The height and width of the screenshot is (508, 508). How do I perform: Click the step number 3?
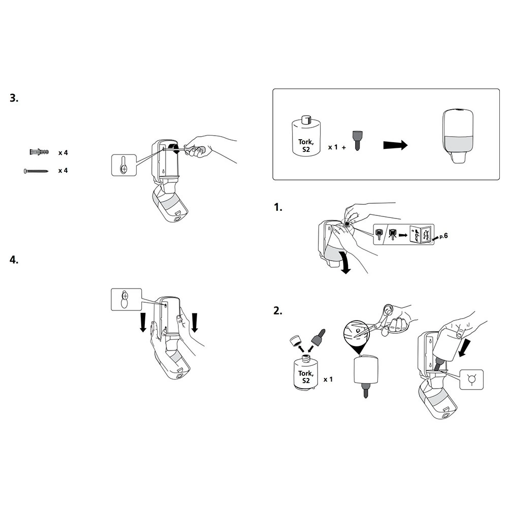pyautogui.click(x=14, y=98)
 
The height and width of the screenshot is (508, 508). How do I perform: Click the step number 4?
pyautogui.click(x=14, y=260)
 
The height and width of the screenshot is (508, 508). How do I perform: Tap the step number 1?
pyautogui.click(x=277, y=207)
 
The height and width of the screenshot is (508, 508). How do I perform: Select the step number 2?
pyautogui.click(x=277, y=310)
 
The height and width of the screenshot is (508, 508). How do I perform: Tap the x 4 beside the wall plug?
pyautogui.click(x=63, y=152)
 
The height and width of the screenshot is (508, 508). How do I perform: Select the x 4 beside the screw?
pyautogui.click(x=63, y=171)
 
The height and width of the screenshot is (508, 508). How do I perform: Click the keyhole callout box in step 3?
pyautogui.click(x=124, y=165)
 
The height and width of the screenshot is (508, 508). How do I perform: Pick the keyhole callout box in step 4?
pyautogui.click(x=124, y=299)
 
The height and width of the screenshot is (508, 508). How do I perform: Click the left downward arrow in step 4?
pyautogui.click(x=144, y=322)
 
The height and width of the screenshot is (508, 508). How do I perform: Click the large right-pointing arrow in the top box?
pyautogui.click(x=395, y=145)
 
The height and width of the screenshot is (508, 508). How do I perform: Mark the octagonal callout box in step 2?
pyautogui.click(x=471, y=379)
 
